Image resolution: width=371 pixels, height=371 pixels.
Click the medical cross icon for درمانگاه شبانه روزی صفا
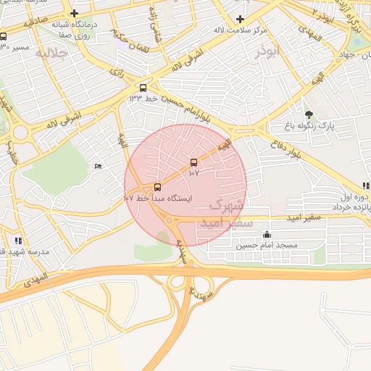pyautogui.click(x=74, y=13)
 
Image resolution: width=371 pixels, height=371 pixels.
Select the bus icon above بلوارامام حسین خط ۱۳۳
pyautogui.click(x=143, y=87)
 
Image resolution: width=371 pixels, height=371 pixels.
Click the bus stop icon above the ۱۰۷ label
pyautogui.click(x=193, y=162)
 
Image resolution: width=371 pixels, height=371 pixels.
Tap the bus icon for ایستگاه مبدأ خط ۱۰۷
pyautogui.click(x=158, y=187)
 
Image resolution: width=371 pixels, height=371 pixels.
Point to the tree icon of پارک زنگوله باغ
pyautogui.click(x=309, y=114)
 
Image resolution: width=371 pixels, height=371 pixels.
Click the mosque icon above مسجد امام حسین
pyautogui.click(x=267, y=234)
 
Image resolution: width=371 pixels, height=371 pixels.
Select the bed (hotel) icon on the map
pyautogui.click(x=99, y=167)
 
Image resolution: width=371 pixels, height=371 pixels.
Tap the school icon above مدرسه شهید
pyautogui.click(x=18, y=240)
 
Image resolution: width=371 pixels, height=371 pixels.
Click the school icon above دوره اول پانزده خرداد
pyautogui.click(x=366, y=186)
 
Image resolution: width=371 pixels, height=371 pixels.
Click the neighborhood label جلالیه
pyautogui.click(x=51, y=53)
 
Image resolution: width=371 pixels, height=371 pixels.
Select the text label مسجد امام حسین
pyautogui.click(x=267, y=246)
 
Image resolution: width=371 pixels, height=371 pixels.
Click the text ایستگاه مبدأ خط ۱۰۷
pyautogui.click(x=158, y=198)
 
